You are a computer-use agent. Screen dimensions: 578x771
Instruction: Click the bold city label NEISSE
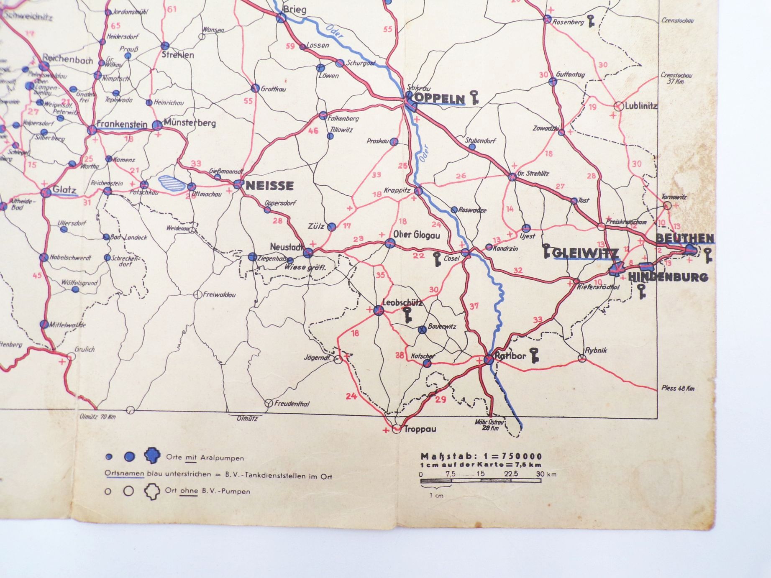click(270, 185)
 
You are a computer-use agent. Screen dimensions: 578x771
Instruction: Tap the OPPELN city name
click(439, 99)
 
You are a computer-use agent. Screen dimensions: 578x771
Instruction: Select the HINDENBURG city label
click(668, 277)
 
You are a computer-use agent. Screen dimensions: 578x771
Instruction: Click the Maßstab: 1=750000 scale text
click(481, 456)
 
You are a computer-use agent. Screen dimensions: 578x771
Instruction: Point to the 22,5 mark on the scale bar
click(511, 474)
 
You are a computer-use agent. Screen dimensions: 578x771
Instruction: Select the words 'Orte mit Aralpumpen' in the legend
click(205, 458)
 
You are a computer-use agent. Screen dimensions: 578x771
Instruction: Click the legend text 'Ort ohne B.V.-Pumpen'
click(207, 491)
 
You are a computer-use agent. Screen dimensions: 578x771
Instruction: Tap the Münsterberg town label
click(190, 123)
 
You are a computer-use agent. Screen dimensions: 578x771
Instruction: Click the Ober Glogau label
click(417, 235)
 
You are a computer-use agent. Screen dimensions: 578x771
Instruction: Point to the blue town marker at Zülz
click(332, 227)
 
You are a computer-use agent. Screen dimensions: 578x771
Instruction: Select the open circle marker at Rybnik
click(582, 358)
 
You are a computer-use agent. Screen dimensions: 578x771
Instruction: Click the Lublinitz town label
click(641, 106)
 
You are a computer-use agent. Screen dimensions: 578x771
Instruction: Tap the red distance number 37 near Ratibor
click(474, 306)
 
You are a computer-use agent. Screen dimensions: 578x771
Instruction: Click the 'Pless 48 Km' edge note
click(678, 388)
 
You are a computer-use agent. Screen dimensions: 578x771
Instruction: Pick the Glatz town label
click(64, 190)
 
